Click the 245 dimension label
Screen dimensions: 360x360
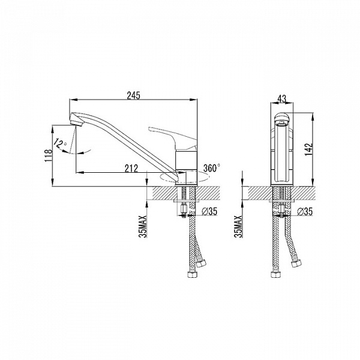[133, 95]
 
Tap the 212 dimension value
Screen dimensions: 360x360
[131, 168]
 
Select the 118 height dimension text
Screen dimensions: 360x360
[49, 155]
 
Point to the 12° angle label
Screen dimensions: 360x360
[60, 144]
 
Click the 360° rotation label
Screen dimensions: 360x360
[212, 168]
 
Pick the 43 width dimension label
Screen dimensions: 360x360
[282, 99]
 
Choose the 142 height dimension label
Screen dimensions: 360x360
[308, 149]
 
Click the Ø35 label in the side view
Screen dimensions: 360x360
[209, 211]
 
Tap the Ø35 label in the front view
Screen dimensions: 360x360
[305, 211]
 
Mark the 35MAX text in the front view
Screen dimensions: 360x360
[239, 226]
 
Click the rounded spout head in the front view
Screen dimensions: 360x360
[282, 118]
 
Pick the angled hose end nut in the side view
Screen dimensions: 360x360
[201, 262]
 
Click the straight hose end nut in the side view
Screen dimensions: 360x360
[191, 274]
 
